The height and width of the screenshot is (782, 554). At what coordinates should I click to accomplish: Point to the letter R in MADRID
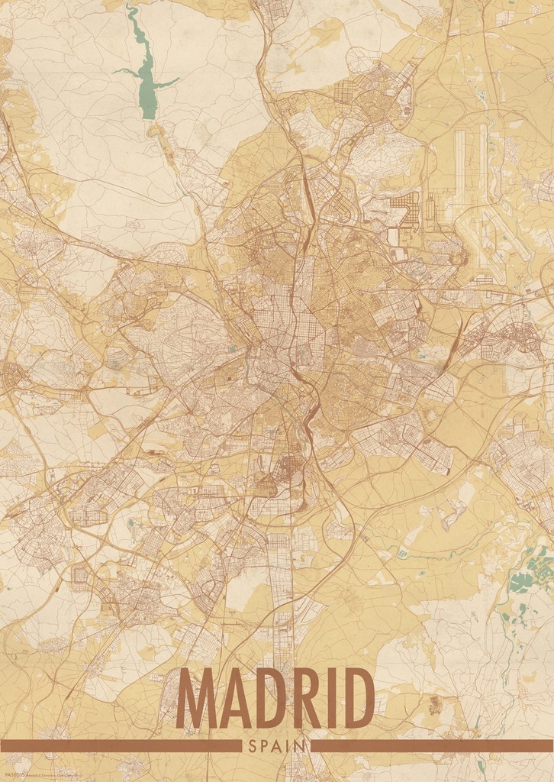(303, 698)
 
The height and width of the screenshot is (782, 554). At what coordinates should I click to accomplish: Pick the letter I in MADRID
(330, 698)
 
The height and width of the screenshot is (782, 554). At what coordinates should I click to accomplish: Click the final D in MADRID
(356, 698)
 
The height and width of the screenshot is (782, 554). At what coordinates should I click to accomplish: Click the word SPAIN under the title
(276, 745)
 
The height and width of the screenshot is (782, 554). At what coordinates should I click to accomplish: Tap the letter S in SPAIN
(253, 745)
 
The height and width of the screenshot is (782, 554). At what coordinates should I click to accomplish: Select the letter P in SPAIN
(264, 745)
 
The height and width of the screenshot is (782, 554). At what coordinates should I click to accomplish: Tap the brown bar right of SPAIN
(431, 745)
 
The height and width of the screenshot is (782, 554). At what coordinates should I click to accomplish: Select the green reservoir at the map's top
(146, 84)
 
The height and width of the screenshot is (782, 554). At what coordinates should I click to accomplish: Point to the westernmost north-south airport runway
(459, 164)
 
